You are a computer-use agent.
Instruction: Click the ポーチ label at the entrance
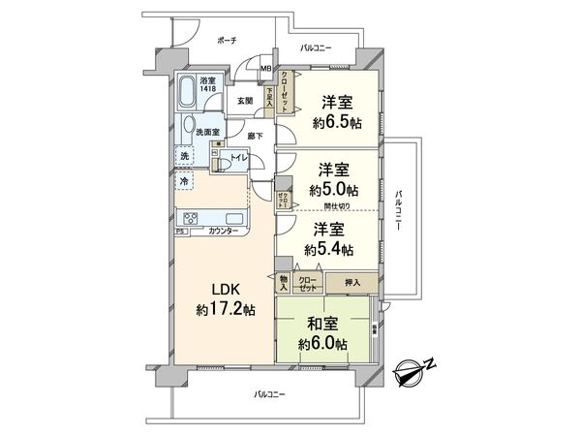tap(228, 41)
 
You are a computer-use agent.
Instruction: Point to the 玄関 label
tap(244, 101)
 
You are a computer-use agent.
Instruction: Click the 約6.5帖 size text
tap(329, 123)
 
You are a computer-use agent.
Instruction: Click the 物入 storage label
tap(284, 283)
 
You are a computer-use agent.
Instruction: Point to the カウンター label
tap(225, 232)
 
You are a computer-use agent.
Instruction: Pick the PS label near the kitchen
tap(180, 232)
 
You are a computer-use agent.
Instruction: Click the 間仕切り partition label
tap(338, 205)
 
